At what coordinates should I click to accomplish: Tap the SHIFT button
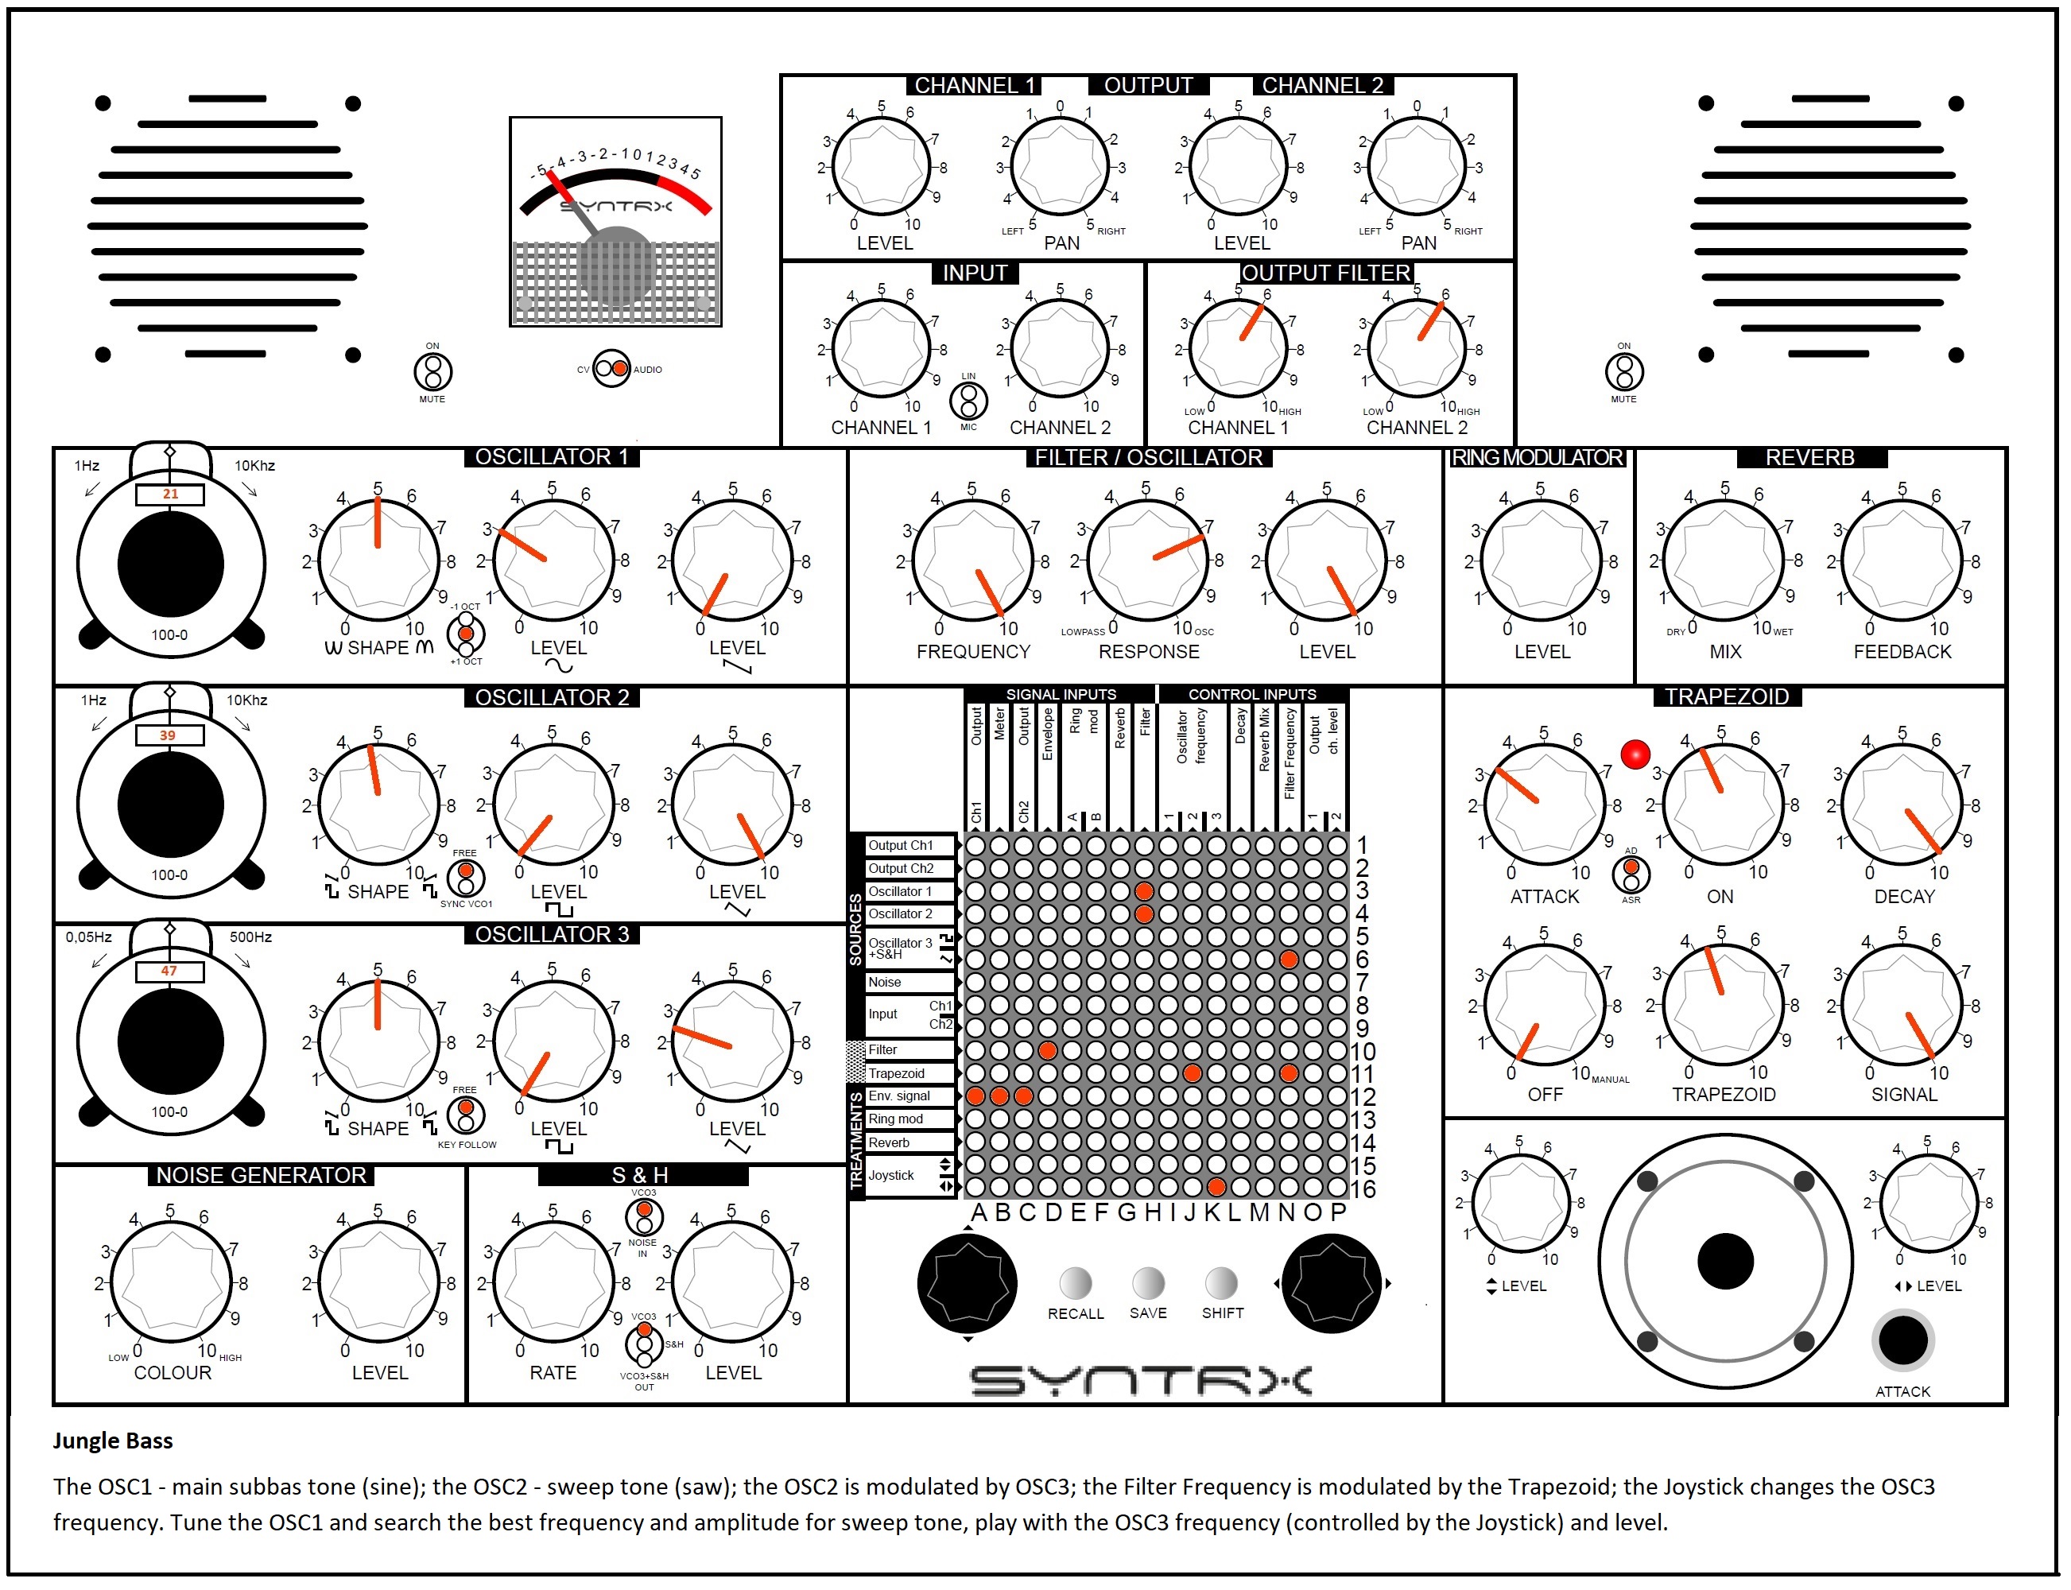tap(1221, 1282)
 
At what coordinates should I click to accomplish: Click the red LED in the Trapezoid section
tap(1635, 754)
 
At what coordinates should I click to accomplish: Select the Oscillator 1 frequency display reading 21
tap(169, 494)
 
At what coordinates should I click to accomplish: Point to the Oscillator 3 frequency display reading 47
tap(169, 971)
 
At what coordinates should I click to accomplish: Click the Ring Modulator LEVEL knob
tap(1541, 561)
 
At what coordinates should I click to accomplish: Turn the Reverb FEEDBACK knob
tap(1902, 561)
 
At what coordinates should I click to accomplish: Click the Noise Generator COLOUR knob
tap(171, 1282)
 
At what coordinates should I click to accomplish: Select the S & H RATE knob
tap(553, 1282)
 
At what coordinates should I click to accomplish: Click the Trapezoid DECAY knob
tap(1902, 805)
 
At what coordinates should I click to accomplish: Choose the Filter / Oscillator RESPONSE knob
tap(1147, 560)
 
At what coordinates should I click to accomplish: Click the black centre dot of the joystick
tap(1724, 1261)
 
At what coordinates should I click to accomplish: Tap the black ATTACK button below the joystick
tap(1902, 1340)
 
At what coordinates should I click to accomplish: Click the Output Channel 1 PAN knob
tap(1059, 168)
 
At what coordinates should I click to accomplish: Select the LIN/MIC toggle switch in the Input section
tap(968, 401)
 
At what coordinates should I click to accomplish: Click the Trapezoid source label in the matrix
tap(896, 1073)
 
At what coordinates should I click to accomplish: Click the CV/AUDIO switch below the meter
tap(611, 369)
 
